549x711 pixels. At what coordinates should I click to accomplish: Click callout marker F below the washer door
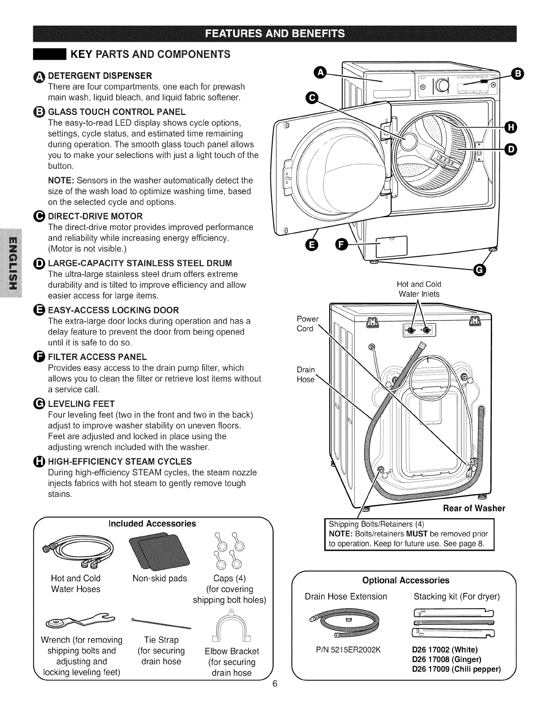(x=342, y=245)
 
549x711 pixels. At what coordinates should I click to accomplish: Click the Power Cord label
(x=307, y=324)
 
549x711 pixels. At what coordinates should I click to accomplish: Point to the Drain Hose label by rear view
(x=306, y=374)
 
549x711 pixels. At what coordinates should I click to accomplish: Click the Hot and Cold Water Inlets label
(x=419, y=289)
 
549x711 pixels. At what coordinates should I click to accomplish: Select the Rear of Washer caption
(x=474, y=508)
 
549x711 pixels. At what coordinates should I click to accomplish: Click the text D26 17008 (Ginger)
(x=446, y=659)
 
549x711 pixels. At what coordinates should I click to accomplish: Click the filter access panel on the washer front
(x=391, y=246)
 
